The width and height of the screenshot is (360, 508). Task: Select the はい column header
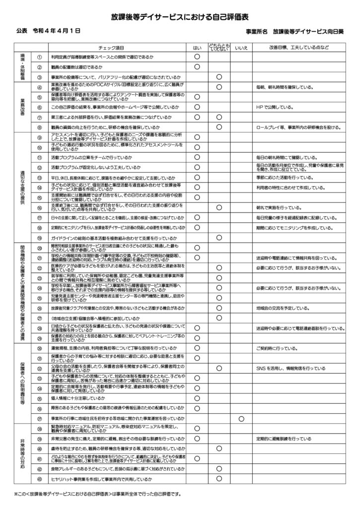pyautogui.click(x=197, y=48)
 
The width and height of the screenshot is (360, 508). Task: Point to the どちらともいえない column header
pyautogui.click(x=218, y=48)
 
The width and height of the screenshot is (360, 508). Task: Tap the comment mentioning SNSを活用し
pyautogui.click(x=290, y=369)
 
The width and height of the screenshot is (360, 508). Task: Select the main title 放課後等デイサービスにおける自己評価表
pyautogui.click(x=180, y=16)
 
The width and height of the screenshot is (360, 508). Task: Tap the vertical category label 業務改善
pyautogui.click(x=23, y=107)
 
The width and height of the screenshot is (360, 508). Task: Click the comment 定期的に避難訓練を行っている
pyautogui.click(x=290, y=440)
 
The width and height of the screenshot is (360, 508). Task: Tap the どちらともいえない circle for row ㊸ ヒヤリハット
pyautogui.click(x=218, y=479)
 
